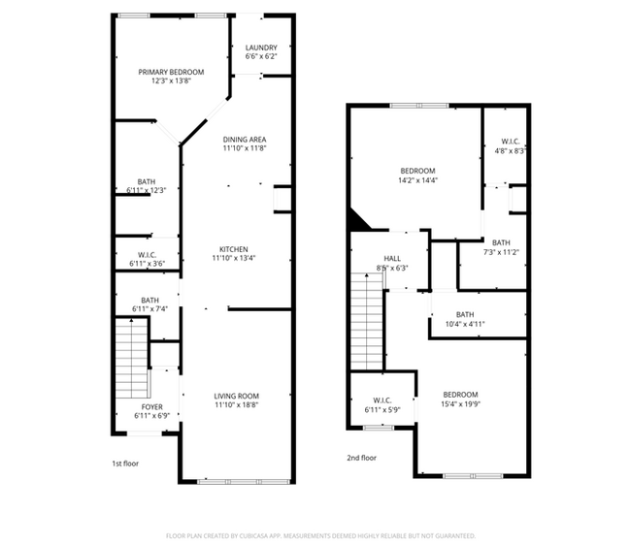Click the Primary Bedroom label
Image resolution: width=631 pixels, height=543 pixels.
pyautogui.click(x=171, y=73)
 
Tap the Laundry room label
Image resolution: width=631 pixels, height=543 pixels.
pyautogui.click(x=261, y=48)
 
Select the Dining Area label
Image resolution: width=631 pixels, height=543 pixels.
pyautogui.click(x=245, y=139)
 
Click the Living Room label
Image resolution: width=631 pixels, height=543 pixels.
pyautogui.click(x=237, y=396)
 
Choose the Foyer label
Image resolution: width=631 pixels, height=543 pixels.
pyautogui.click(x=152, y=406)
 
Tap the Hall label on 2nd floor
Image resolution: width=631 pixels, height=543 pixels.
pyautogui.click(x=392, y=258)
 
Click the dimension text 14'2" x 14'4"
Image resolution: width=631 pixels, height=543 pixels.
pyautogui.click(x=417, y=180)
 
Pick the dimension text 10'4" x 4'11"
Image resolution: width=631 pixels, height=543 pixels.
pyautogui.click(x=465, y=325)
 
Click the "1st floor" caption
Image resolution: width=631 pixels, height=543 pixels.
pyautogui.click(x=124, y=463)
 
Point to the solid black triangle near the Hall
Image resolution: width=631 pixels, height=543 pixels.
pyautogui.click(x=359, y=223)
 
